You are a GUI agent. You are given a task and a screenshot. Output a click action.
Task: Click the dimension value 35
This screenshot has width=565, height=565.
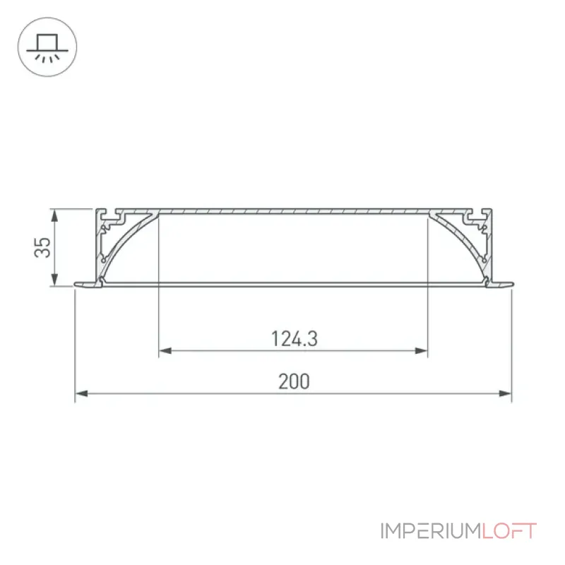tap(43, 247)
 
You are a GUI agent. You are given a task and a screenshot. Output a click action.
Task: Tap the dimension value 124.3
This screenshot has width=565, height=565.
tap(294, 339)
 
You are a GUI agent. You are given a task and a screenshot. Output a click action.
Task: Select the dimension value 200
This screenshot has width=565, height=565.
tap(294, 381)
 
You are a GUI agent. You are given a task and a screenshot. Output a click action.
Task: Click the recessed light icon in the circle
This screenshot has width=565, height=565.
tap(47, 47)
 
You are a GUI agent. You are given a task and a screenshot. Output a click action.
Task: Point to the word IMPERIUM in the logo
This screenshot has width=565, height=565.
tap(431, 531)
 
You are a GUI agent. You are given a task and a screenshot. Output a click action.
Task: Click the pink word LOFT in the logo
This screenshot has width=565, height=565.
tap(509, 531)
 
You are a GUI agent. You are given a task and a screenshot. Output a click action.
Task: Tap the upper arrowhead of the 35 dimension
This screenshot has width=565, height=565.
tap(54, 215)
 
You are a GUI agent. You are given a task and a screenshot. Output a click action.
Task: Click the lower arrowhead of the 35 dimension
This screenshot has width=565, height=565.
tap(54, 280)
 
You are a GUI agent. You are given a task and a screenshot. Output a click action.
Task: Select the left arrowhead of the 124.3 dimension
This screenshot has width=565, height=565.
tap(165, 350)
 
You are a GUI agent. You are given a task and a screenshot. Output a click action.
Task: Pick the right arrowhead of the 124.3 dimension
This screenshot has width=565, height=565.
tap(421, 350)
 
